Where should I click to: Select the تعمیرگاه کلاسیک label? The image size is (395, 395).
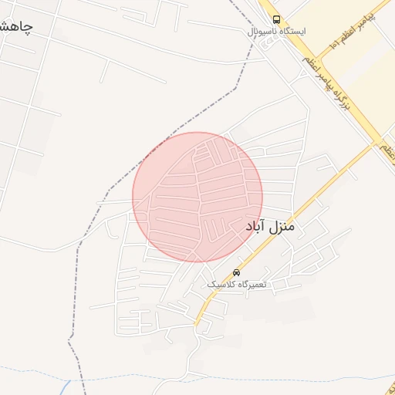pos(236,284)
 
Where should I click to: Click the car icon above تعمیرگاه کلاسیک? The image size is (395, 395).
pos(236,272)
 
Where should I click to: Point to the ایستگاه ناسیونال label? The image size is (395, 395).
pos(276,32)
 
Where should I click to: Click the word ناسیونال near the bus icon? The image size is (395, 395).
pos(262,32)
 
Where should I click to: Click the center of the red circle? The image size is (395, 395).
pos(197,197)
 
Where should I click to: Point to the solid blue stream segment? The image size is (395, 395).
pos(67,385)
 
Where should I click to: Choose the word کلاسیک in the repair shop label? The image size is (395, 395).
pos(220,284)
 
